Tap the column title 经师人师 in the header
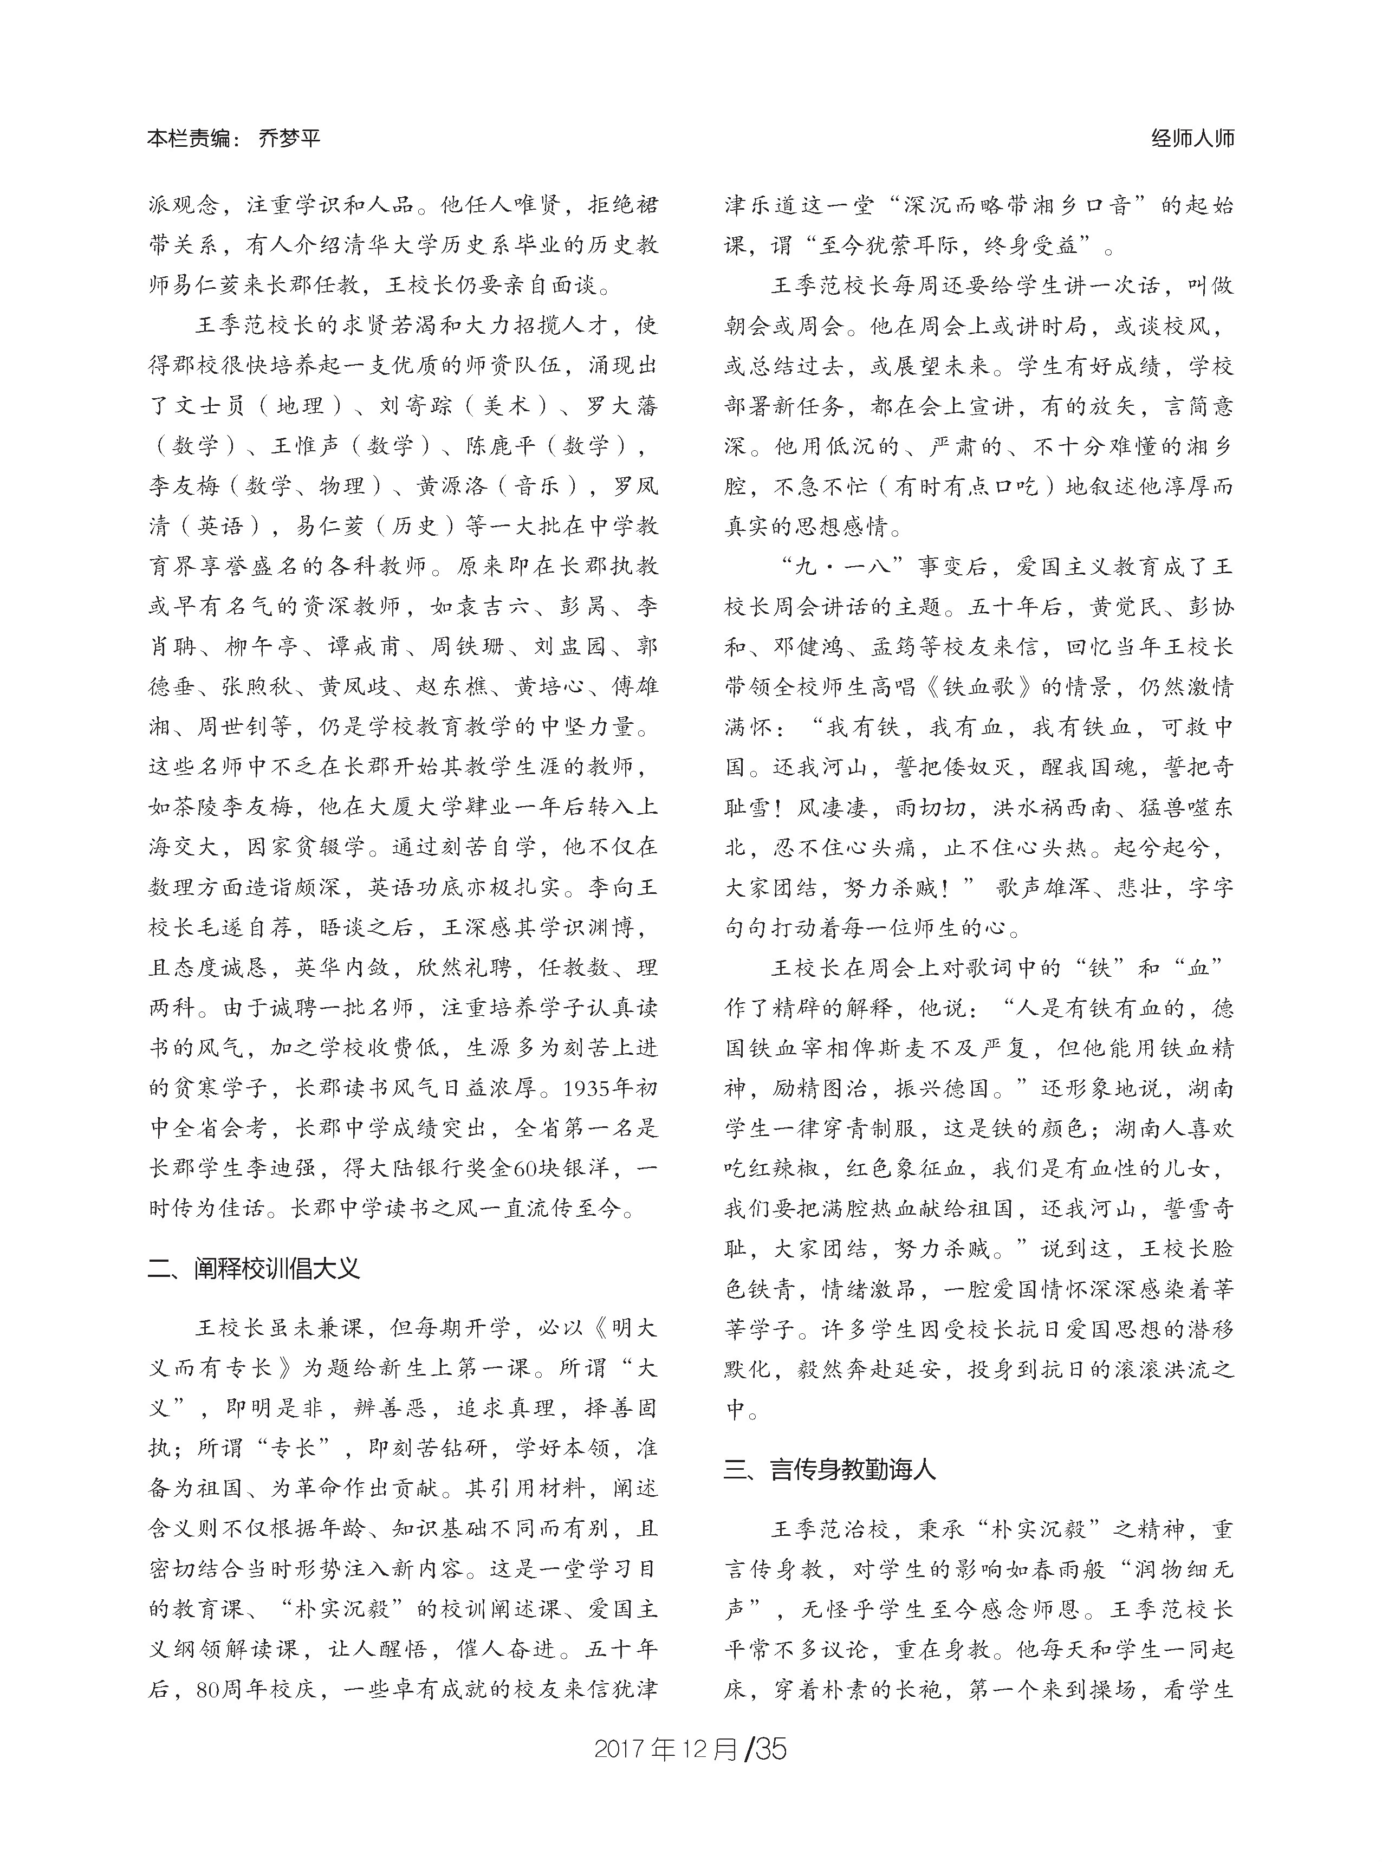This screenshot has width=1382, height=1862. pyautogui.click(x=1192, y=139)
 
